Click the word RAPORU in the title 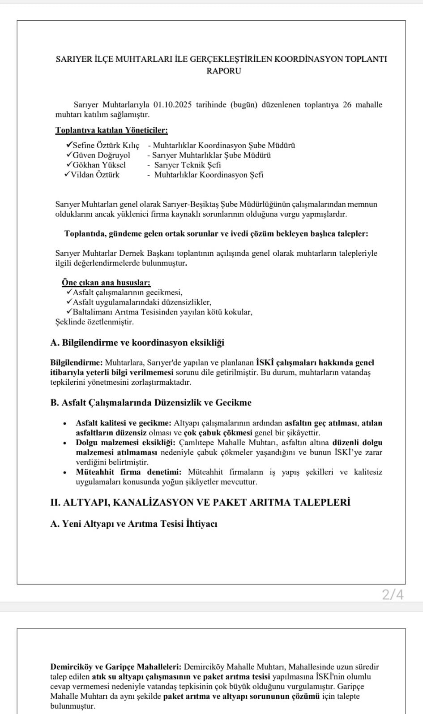[x=223, y=71]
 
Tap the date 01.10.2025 [x=172, y=105]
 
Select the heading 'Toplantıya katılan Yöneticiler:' [x=111, y=130]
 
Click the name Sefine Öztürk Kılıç [x=106, y=146]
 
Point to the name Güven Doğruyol [x=101, y=155]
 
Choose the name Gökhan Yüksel [x=99, y=165]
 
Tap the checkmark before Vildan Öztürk [x=67, y=174]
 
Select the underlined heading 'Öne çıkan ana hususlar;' [x=106, y=283]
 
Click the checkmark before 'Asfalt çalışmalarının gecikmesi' [x=69, y=292]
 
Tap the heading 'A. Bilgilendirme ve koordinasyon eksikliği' [x=137, y=343]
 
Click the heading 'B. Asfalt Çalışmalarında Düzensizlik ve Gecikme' [x=151, y=402]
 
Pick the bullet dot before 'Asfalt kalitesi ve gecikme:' [x=65, y=423]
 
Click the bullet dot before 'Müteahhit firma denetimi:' [x=65, y=472]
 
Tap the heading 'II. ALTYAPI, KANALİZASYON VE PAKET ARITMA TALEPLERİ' [x=200, y=502]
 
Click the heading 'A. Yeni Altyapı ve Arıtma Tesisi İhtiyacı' [x=134, y=524]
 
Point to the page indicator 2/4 [x=393, y=595]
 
